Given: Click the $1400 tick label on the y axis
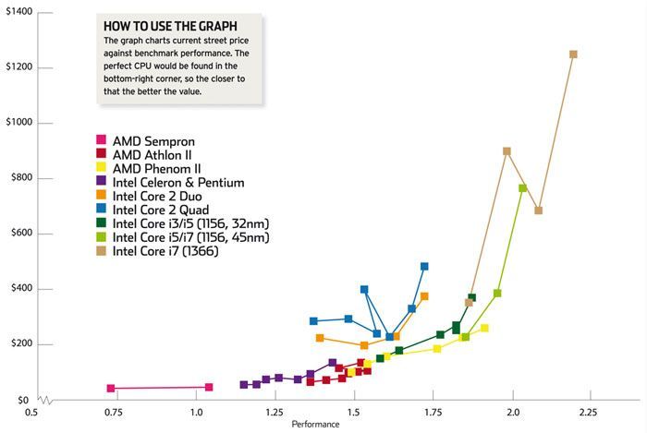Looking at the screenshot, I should point(18,11).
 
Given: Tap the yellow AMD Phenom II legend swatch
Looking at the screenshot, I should point(102,168).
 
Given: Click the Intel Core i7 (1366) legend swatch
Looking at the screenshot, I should point(102,251).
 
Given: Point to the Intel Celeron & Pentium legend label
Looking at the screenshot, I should point(177,182).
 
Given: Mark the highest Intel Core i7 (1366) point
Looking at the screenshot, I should point(573,54).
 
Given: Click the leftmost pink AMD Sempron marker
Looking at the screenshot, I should point(111,389).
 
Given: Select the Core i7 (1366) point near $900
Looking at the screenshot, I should point(507,151).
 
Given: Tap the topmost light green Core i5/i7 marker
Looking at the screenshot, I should point(522,188).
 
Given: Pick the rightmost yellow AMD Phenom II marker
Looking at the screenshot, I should point(484,329).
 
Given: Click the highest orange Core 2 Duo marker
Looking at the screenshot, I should point(424,296).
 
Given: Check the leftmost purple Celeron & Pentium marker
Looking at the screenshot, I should point(244,384).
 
